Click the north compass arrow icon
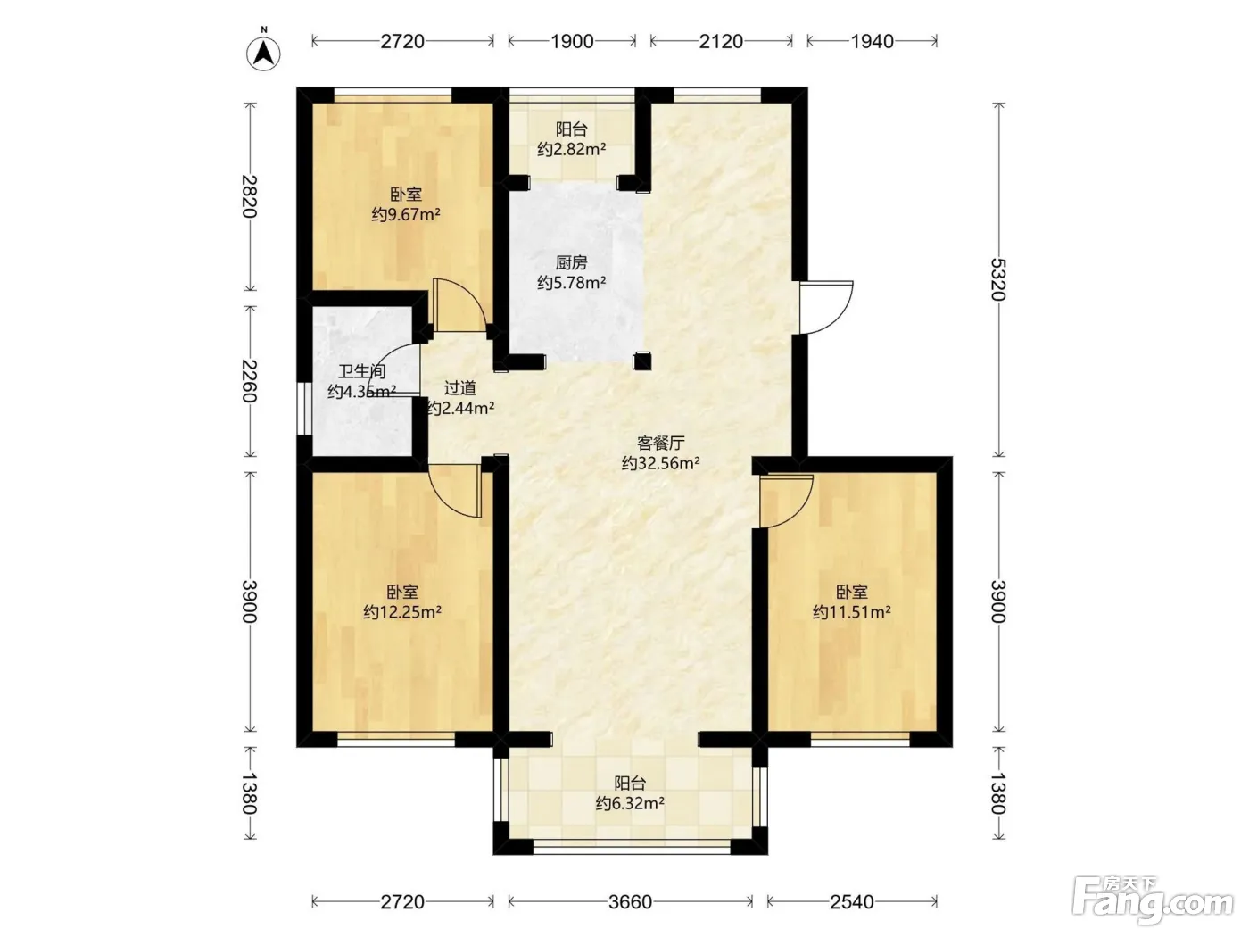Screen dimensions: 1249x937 [x=263, y=54]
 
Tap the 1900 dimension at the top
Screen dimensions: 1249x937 [x=572, y=42]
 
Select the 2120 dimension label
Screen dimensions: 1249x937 [x=721, y=42]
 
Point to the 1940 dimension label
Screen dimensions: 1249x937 [x=873, y=42]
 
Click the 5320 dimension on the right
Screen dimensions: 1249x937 [x=998, y=279]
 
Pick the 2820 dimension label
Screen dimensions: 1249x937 [x=249, y=196]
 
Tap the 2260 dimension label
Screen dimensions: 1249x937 [x=249, y=381]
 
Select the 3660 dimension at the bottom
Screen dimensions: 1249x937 [x=630, y=901]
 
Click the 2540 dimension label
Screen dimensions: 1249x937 [x=852, y=901]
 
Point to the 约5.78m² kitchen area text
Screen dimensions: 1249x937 [x=571, y=282]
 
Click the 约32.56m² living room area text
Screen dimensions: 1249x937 [x=661, y=463]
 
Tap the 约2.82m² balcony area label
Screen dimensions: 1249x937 [x=571, y=149]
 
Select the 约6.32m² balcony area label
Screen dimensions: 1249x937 [x=630, y=803]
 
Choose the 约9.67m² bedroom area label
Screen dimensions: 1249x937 [x=406, y=214]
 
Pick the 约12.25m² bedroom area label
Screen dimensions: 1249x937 [x=402, y=612]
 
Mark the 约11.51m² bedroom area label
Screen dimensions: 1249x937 [x=852, y=612]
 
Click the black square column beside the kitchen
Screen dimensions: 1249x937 [x=641, y=361]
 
